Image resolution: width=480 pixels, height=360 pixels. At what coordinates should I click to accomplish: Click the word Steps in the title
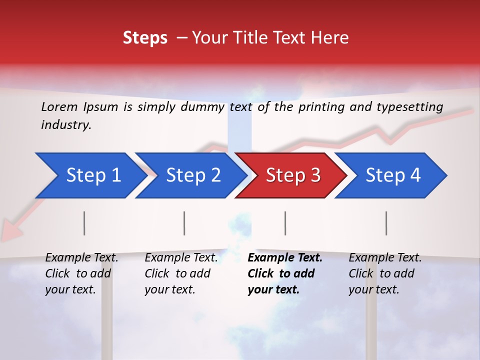[145, 38]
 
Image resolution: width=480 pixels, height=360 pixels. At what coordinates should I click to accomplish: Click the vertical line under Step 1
[84, 223]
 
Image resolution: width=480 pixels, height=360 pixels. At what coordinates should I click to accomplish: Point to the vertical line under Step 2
[184, 223]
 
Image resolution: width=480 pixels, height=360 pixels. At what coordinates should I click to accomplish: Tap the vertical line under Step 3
[285, 223]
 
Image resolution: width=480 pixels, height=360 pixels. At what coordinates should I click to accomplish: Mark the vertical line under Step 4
[386, 223]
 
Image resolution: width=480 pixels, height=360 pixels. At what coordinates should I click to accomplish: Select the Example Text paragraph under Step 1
[81, 273]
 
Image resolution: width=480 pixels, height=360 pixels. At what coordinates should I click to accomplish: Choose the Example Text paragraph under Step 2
[181, 273]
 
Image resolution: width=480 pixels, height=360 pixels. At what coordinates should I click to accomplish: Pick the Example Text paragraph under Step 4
[385, 273]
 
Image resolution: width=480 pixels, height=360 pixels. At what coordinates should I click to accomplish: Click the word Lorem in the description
[59, 106]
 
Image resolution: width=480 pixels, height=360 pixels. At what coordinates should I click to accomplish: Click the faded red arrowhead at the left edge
[11, 231]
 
